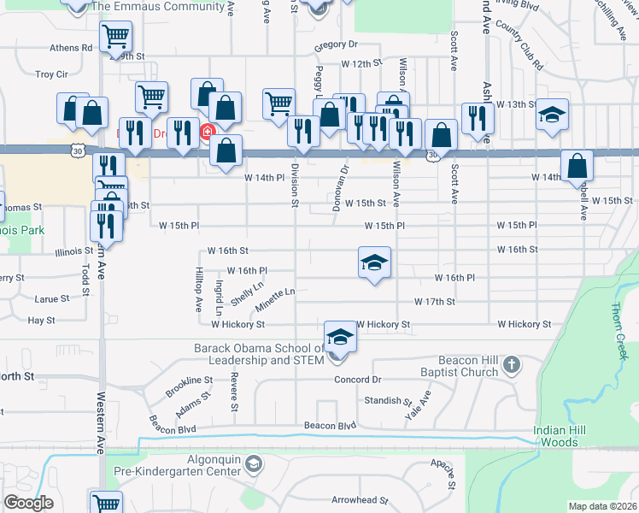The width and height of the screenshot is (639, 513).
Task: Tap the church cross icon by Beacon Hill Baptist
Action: click(511, 365)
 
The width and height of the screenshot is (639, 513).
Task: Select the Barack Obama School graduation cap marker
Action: click(340, 337)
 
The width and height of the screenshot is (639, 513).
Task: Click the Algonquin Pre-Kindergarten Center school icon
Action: click(253, 463)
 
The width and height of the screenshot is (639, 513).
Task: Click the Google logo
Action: click(28, 503)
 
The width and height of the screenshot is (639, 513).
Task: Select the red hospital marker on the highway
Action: click(206, 132)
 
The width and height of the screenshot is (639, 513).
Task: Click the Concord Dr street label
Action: click(356, 380)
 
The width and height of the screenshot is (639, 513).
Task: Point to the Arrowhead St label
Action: click(360, 499)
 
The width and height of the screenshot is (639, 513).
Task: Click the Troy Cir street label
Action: click(51, 74)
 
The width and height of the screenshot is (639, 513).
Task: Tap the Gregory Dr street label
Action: click(335, 44)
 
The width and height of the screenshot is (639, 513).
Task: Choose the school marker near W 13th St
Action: click(553, 115)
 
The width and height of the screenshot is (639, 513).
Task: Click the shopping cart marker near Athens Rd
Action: click(115, 37)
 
